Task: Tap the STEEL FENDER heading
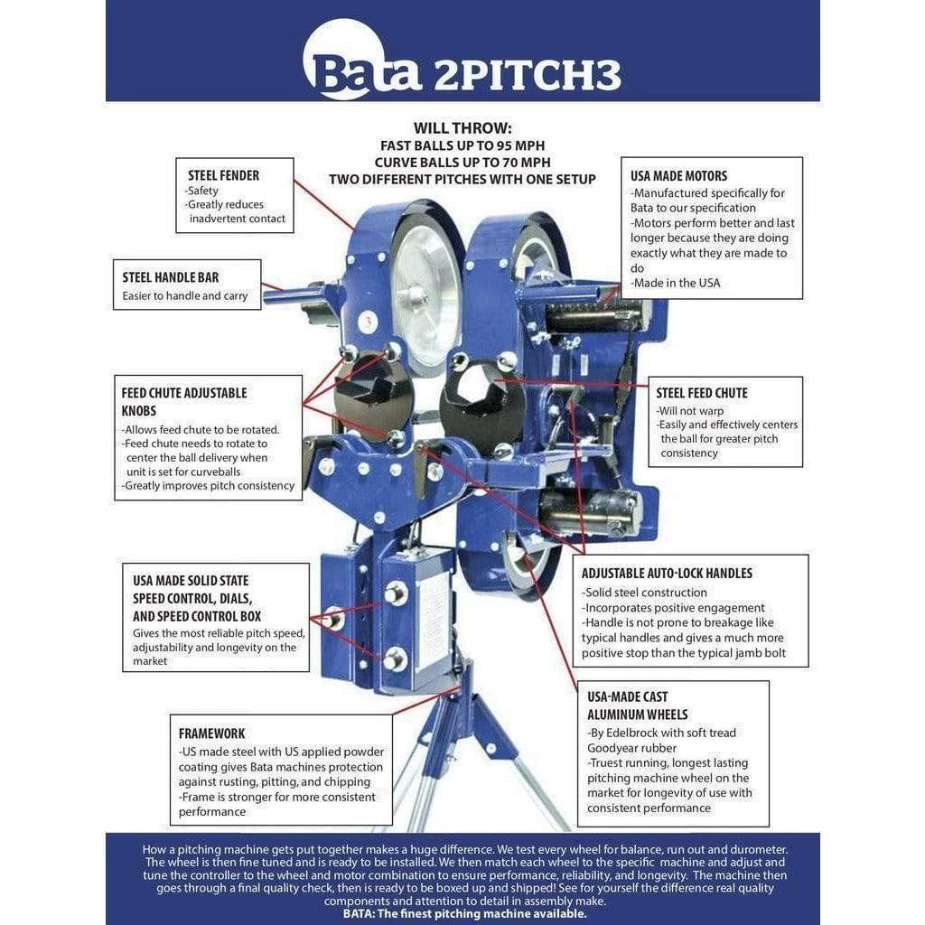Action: [223, 175]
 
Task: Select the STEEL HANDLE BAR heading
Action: [171, 277]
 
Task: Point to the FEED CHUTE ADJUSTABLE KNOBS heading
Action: [184, 401]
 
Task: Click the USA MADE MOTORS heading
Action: [678, 175]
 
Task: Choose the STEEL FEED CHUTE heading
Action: [702, 393]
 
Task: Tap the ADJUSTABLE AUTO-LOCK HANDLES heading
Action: [667, 573]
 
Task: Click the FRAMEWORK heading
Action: [211, 733]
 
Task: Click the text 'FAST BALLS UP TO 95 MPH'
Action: [462, 145]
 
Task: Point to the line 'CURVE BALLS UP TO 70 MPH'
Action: [462, 162]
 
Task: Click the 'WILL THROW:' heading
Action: [462, 128]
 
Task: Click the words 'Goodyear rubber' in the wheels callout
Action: [631, 748]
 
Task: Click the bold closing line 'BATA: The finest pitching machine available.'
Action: [464, 913]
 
